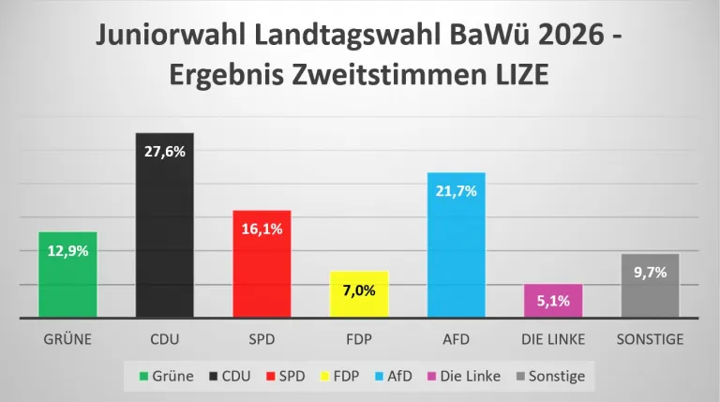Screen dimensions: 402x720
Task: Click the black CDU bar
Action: (165, 234)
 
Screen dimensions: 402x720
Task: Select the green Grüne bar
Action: (67, 281)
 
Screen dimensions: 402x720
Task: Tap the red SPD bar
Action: (262, 272)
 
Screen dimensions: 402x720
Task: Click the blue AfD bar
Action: (456, 253)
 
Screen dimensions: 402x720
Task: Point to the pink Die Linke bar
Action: (553, 301)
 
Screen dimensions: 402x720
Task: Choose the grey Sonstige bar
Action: (650, 290)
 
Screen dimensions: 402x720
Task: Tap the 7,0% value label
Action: (359, 290)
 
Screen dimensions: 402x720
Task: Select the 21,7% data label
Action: (456, 191)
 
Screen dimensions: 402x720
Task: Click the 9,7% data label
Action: (650, 273)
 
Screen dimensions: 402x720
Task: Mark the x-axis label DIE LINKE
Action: (553, 339)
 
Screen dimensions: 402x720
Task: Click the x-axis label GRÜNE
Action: (67, 339)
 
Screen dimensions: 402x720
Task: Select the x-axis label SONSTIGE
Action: (650, 339)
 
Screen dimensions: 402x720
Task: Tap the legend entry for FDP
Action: (338, 376)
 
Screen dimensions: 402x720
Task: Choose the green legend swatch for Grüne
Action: (144, 377)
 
